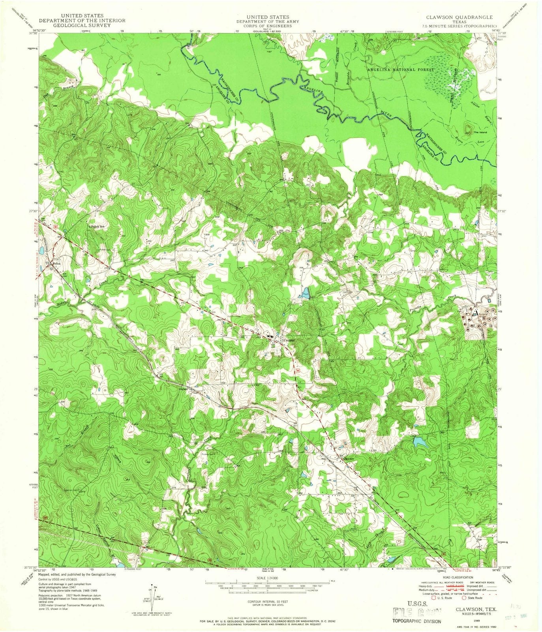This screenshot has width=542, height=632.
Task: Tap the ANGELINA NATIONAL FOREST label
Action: (400, 70)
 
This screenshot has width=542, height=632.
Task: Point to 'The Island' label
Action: (481, 133)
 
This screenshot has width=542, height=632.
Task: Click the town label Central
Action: (289, 340)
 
